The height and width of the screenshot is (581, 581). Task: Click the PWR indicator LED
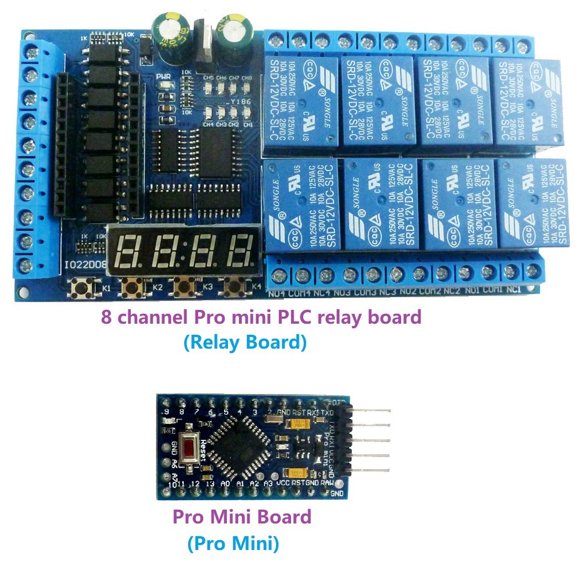click(x=165, y=85)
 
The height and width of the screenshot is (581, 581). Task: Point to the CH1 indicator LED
click(x=247, y=114)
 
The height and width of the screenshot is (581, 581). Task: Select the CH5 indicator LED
click(x=209, y=86)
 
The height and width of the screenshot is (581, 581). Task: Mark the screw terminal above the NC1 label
click(x=532, y=271)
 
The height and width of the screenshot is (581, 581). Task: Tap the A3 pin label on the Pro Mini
click(x=268, y=483)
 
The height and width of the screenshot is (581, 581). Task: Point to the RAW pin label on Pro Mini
click(x=327, y=483)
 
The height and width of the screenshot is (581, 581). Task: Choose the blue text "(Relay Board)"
click(x=245, y=343)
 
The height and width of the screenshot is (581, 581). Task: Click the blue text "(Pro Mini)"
click(x=233, y=543)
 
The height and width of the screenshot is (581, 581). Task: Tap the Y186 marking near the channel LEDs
click(x=241, y=99)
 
